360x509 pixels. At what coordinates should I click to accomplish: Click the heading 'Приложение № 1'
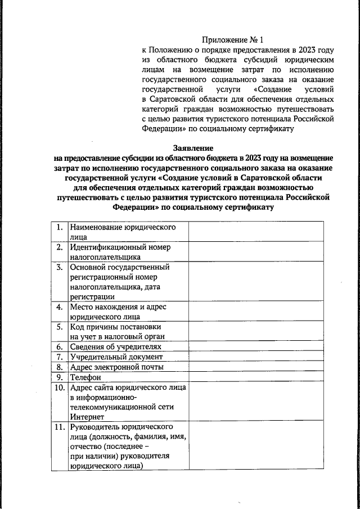tap(232, 40)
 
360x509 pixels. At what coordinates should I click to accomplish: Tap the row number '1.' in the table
tap(58, 228)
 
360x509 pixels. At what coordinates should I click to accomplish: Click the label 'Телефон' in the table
tap(85, 377)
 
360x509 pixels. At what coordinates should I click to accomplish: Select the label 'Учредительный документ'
tap(116, 357)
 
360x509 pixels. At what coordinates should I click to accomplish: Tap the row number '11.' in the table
tap(58, 427)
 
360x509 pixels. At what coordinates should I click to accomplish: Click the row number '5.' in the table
tap(58, 327)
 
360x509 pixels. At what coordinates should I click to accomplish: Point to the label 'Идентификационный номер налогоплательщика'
tap(120, 251)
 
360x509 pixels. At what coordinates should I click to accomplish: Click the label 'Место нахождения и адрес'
tap(118, 307)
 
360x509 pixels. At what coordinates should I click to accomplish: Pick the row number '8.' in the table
tap(58, 367)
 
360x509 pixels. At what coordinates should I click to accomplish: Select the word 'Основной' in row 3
tap(87, 267)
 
